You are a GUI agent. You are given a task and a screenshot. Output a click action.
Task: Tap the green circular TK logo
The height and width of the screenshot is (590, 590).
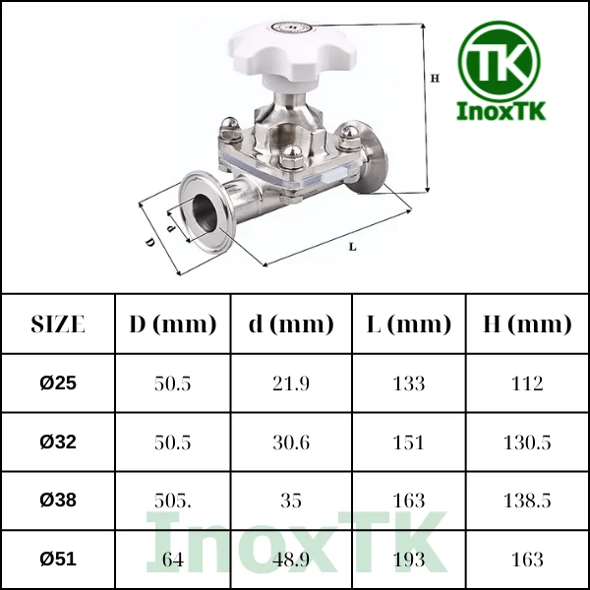pos(500,62)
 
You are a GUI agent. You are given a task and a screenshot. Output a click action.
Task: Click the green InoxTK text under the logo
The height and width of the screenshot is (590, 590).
pos(501,111)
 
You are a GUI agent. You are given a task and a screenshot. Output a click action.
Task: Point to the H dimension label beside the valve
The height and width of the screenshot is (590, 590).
pos(435,79)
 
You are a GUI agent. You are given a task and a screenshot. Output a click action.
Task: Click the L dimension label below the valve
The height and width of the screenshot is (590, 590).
pos(353,247)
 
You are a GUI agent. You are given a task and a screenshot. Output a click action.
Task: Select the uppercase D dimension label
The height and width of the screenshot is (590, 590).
pos(150,242)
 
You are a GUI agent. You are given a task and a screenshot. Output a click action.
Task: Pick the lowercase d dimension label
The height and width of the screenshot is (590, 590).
pos(171,228)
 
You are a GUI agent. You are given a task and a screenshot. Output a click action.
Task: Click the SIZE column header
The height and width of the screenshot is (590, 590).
pos(58,324)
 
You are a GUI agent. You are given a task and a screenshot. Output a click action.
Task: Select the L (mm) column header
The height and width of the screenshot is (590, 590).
pos(409,324)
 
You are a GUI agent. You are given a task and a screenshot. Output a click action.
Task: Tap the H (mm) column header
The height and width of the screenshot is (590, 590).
pos(527,324)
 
